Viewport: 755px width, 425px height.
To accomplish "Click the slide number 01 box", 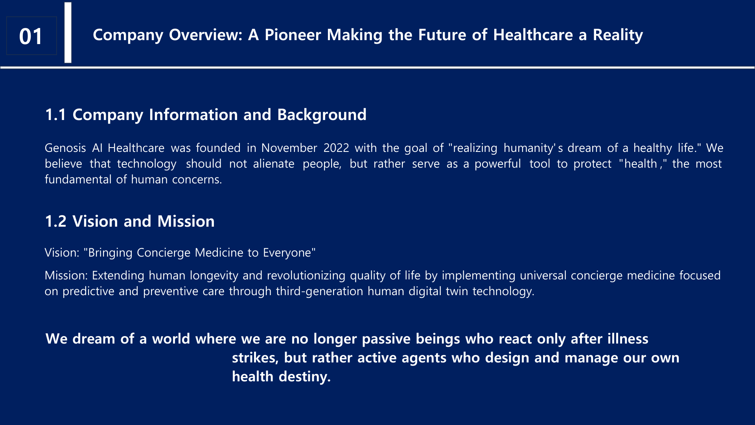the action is click(31, 36).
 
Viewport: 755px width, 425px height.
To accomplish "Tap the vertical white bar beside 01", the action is click(68, 32).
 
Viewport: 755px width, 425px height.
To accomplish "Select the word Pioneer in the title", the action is click(293, 35).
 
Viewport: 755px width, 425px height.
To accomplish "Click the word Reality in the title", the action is click(618, 35).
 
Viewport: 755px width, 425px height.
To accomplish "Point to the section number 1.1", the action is click(55, 115).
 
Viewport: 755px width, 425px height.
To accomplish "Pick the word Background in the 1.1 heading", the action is click(322, 115).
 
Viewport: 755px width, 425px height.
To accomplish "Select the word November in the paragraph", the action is click(289, 148).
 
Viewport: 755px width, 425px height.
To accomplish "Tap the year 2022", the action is click(336, 148).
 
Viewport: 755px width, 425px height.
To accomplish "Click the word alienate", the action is click(274, 164).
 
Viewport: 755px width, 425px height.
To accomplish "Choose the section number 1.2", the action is click(56, 222).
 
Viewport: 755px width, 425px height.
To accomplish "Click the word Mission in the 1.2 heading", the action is click(186, 222).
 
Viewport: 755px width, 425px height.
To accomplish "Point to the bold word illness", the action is click(628, 339).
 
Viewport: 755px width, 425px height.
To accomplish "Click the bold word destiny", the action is click(305, 377).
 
